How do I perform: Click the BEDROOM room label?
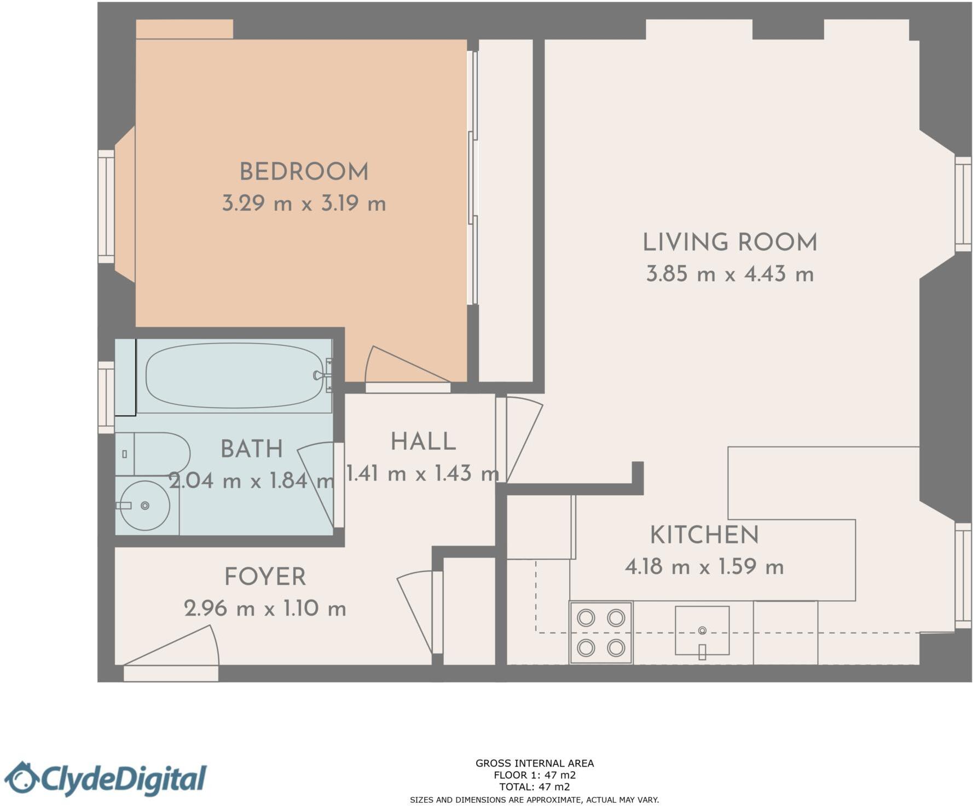coord(304,172)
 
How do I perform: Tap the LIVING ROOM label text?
coord(729,242)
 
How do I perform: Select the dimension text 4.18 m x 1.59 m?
coord(704,566)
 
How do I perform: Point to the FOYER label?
coord(265,577)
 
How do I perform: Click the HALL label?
coord(423,442)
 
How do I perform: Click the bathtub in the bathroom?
coord(234,375)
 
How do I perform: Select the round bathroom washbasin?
coord(144,506)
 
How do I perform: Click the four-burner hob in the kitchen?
coord(601,633)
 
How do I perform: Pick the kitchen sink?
coord(702,630)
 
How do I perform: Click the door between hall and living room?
coord(520,438)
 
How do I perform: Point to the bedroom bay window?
coord(106,206)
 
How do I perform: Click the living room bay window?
coord(963,204)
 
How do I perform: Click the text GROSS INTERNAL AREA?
coord(534,763)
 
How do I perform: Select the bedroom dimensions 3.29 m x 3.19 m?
coord(304,204)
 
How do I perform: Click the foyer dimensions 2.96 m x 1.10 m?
coord(265,608)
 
